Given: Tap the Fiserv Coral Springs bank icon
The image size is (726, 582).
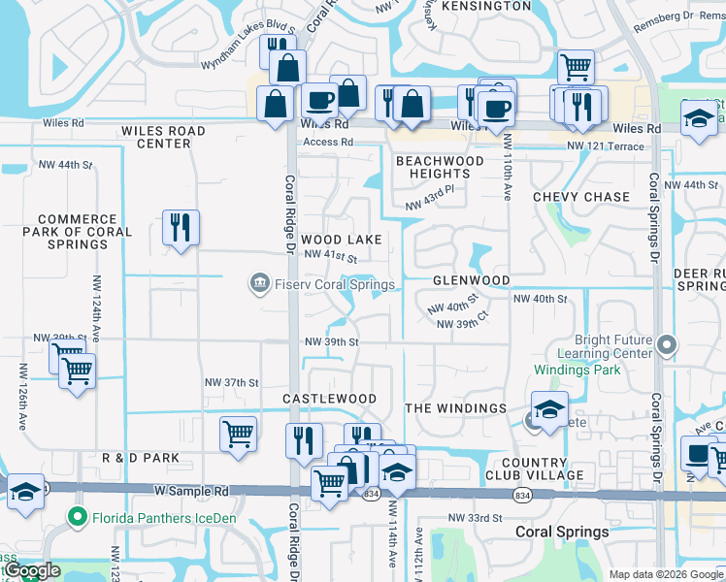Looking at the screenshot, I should pyautogui.click(x=260, y=284).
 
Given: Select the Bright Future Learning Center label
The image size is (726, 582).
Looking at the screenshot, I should pyautogui.click(x=601, y=347).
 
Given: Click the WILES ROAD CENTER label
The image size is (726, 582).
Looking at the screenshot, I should pyautogui.click(x=163, y=137).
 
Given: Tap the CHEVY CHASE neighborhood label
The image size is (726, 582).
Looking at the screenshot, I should pyautogui.click(x=581, y=197).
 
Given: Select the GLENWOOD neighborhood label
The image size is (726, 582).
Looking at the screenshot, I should pyautogui.click(x=471, y=280).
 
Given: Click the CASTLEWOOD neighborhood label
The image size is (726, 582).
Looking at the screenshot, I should pyautogui.click(x=329, y=399).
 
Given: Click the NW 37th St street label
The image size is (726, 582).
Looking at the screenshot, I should pyautogui.click(x=232, y=382).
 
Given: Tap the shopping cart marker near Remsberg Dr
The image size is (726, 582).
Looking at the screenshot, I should pyautogui.click(x=576, y=67).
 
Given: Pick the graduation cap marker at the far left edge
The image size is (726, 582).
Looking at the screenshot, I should pyautogui.click(x=24, y=492).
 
